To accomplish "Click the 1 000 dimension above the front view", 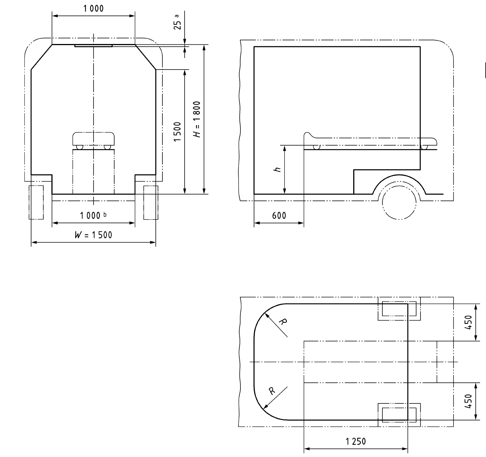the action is coord(94,9).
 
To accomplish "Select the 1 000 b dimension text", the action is coord(93,215).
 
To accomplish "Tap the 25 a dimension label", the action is coord(178,22).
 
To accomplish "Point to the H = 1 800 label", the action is coord(197,119).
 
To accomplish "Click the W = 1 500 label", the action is coord(93,235).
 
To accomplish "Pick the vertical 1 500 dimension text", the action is coord(177,132).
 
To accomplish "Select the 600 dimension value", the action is coord(279,216).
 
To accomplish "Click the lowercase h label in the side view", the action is coord(278,169).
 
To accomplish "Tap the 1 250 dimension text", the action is coord(355,441).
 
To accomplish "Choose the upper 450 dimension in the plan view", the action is coord(468,322).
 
